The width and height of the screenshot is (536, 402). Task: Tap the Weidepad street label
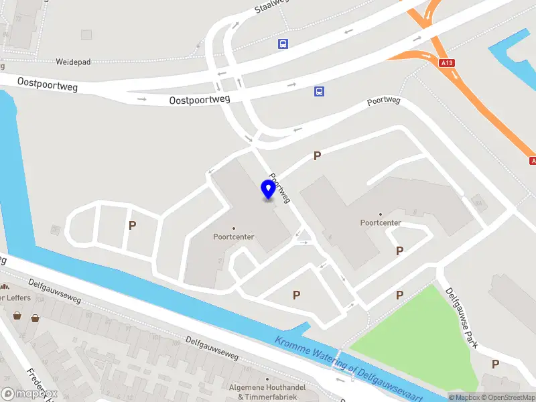(74, 62)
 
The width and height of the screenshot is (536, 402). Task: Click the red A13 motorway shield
(447, 62)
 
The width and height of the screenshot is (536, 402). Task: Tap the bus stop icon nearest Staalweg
(283, 44)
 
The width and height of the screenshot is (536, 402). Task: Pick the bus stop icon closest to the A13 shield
(320, 92)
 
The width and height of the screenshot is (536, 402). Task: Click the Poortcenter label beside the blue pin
(232, 236)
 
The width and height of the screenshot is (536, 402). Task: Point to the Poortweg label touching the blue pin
(281, 188)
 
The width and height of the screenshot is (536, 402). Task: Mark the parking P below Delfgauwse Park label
(495, 364)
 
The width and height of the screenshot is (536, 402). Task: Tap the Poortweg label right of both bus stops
(383, 102)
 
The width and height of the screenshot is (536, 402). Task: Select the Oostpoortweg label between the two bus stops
(200, 99)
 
